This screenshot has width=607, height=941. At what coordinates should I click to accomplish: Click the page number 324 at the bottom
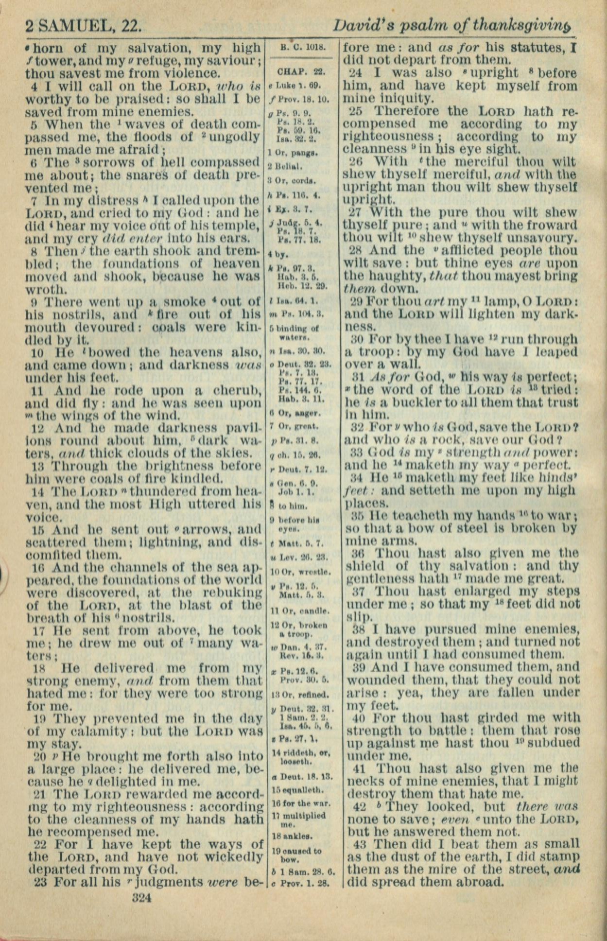(x=142, y=897)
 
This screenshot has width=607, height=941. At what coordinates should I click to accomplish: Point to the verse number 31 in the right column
(x=359, y=377)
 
